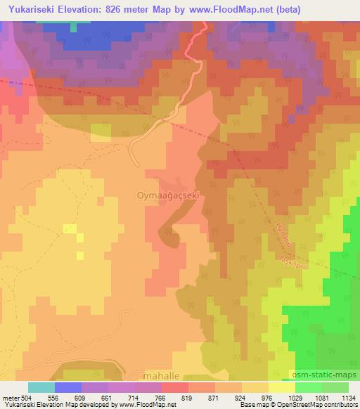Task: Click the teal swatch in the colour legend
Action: click(x=41, y=387)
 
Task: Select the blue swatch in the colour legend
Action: click(x=68, y=387)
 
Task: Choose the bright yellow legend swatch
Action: click(x=281, y=387)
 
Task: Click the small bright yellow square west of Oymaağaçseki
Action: click(x=70, y=228)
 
